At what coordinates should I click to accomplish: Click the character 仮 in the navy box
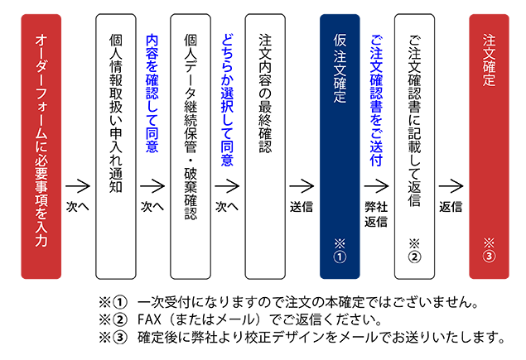(x=340, y=41)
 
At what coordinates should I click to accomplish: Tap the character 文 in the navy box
(x=340, y=69)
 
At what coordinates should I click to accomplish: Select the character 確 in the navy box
(x=340, y=84)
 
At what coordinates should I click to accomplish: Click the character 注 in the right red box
(x=489, y=40)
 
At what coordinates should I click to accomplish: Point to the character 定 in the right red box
(x=489, y=82)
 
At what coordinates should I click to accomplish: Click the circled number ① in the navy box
(x=339, y=257)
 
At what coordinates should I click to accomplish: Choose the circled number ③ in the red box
(x=489, y=257)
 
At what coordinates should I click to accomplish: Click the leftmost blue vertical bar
(x=152, y=91)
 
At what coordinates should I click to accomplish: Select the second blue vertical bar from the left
(x=227, y=91)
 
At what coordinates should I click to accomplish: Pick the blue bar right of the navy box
(x=378, y=91)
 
